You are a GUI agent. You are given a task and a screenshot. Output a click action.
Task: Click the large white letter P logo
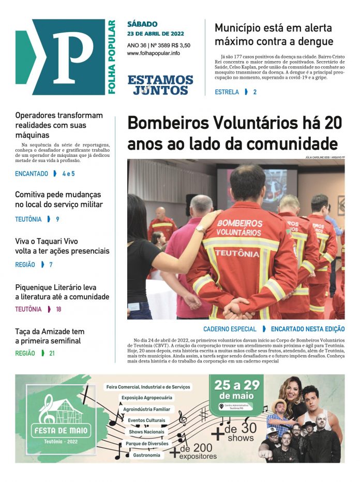click(72, 57)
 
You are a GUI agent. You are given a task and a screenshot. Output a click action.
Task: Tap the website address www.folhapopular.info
click(154, 53)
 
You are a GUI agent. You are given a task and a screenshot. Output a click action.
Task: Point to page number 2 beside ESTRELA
click(254, 92)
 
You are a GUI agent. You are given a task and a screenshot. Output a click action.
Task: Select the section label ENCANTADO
click(32, 174)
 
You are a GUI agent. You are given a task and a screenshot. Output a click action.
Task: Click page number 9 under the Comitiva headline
click(57, 220)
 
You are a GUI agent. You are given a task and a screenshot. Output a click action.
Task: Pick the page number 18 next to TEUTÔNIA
click(58, 310)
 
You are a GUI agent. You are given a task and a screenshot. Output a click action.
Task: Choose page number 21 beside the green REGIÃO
click(52, 354)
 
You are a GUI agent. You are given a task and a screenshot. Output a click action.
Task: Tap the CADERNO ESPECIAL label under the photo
click(230, 329)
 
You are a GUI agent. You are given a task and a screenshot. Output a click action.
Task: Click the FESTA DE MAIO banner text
click(62, 430)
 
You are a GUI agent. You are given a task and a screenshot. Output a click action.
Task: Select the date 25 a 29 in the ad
click(237, 386)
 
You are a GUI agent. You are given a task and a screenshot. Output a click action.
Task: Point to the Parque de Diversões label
click(147, 444)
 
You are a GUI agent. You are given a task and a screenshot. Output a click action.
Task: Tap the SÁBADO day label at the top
click(142, 24)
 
